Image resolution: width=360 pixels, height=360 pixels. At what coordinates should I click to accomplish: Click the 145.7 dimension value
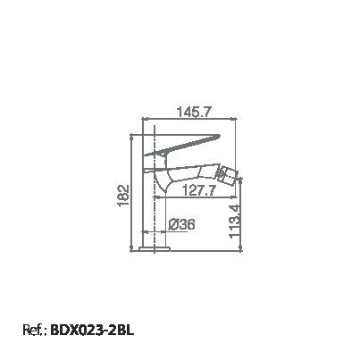pyautogui.click(x=194, y=113)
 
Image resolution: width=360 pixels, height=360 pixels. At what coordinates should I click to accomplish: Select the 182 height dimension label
pyautogui.click(x=123, y=196)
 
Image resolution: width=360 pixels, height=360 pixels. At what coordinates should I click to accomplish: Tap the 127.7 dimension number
pyautogui.click(x=198, y=190)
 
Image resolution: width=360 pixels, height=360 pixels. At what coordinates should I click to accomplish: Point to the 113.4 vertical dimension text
pyautogui.click(x=235, y=222)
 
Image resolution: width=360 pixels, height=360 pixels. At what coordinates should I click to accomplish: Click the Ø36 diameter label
pyautogui.click(x=181, y=224)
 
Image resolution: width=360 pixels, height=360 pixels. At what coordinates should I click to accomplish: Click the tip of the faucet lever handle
pyautogui.click(x=218, y=137)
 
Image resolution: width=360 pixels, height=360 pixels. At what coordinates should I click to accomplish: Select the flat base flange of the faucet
pyautogui.click(x=155, y=248)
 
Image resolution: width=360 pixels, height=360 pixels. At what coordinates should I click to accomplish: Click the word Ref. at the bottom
pyautogui.click(x=34, y=330)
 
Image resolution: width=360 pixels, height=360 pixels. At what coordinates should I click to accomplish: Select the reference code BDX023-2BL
pyautogui.click(x=92, y=330)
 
